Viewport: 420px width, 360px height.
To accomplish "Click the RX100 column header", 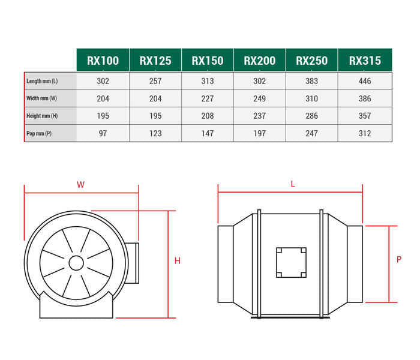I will tap(103, 60).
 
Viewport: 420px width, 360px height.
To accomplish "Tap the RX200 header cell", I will tap(260, 60).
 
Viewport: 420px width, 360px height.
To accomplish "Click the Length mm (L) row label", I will tap(43, 81).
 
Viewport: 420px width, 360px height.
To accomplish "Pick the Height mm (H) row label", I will tap(43, 116).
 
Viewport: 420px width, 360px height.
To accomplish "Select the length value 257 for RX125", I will tap(155, 81).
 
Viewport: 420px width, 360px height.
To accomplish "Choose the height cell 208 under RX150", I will tap(207, 116).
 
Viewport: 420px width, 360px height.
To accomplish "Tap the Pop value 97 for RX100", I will tap(103, 133).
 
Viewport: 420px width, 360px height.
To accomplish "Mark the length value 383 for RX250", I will tap(312, 81).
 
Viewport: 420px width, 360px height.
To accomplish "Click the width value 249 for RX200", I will tap(260, 98).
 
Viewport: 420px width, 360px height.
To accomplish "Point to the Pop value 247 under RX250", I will tap(312, 133).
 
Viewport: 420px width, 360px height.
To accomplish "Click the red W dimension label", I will tap(80, 185).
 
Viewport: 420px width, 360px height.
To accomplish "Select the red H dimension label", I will tap(178, 261).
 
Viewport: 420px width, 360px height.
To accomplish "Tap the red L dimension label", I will tap(293, 184).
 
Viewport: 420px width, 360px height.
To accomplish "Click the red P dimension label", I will tap(399, 260).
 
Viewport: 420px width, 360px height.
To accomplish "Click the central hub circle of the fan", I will tap(76, 263).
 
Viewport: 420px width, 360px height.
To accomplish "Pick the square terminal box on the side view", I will tap(291, 263).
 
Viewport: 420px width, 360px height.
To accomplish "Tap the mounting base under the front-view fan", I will tap(76, 307).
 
